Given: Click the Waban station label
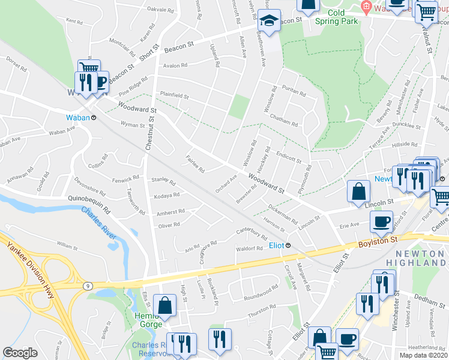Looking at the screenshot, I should click(x=77, y=118).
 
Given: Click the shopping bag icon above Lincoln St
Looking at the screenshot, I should click(x=358, y=191).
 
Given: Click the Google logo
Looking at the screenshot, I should click(x=20, y=353).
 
